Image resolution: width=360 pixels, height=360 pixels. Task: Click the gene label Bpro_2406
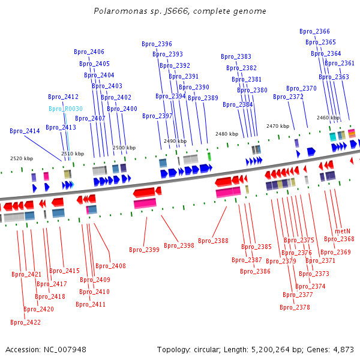[89, 52]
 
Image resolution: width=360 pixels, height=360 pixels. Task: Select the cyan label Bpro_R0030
[65, 109]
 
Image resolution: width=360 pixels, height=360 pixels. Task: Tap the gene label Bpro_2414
[25, 131]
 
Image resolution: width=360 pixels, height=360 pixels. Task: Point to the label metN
[343, 231]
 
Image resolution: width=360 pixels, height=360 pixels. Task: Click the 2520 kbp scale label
[22, 158]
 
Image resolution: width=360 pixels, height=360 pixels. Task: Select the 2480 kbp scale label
[227, 134]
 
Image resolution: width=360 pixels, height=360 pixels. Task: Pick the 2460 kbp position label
[328, 118]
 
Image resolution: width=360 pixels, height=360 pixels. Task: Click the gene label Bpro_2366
[314, 32]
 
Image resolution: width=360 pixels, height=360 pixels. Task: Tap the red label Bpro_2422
[26, 322]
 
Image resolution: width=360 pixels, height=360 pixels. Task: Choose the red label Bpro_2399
[144, 250]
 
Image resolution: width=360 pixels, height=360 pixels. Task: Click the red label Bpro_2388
[213, 241]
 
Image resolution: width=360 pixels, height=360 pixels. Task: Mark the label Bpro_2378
[295, 307]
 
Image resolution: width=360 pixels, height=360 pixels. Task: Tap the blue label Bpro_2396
[157, 44]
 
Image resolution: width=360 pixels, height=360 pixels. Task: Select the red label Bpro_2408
[110, 266]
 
